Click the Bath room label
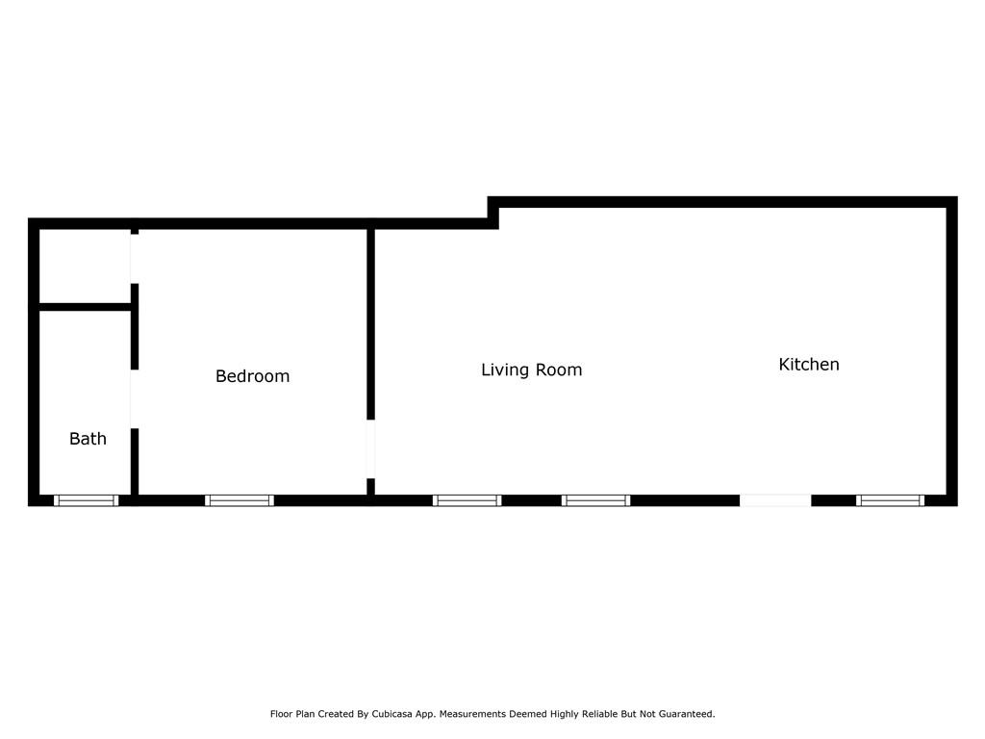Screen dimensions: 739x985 click(88, 439)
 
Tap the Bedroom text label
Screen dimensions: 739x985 click(252, 376)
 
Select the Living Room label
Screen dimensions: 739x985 click(531, 369)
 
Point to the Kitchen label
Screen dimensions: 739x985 click(808, 365)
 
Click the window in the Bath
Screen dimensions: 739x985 click(86, 500)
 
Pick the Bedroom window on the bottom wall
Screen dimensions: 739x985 click(240, 500)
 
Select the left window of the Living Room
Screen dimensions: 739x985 click(467, 500)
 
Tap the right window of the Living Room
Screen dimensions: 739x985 click(595, 500)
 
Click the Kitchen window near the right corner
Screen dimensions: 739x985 click(890, 500)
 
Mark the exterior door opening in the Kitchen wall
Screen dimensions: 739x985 click(775, 500)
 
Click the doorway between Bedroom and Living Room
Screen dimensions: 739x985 click(370, 449)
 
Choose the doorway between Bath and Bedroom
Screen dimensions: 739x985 click(135, 399)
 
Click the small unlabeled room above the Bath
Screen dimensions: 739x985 click(85, 266)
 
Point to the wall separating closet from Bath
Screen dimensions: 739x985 click(85, 307)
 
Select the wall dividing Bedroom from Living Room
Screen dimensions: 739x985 click(370, 322)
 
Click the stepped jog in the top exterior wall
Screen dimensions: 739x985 click(493, 213)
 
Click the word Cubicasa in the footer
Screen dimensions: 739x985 click(396, 714)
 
